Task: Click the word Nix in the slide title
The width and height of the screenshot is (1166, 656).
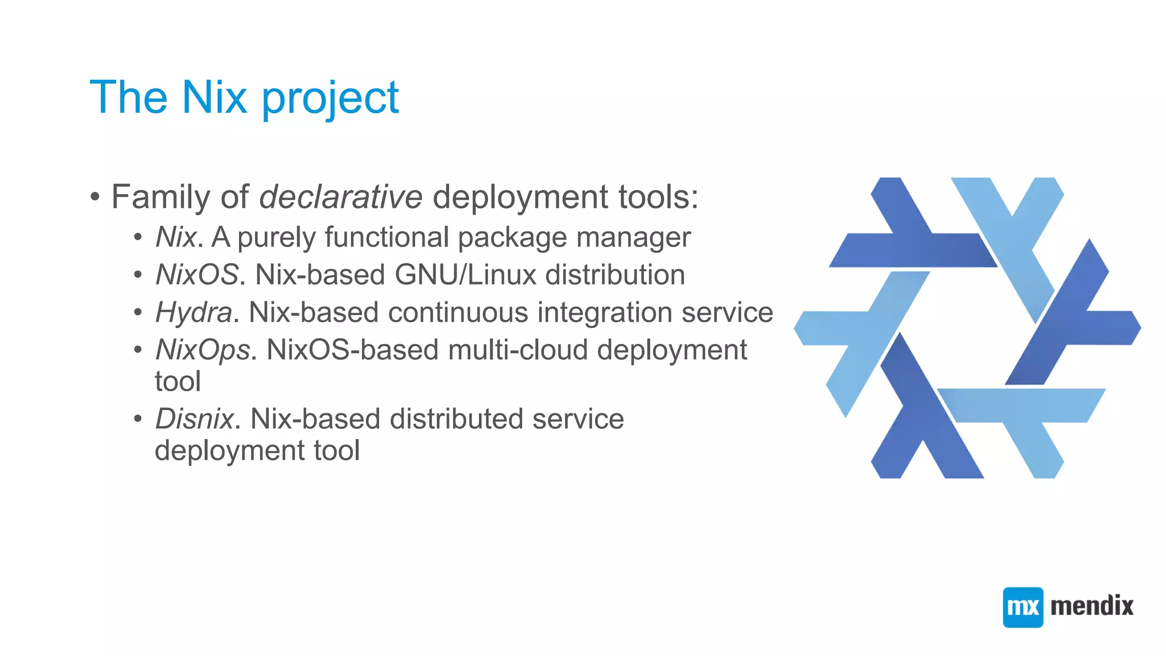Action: (x=215, y=97)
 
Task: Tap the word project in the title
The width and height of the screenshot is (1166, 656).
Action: (x=330, y=99)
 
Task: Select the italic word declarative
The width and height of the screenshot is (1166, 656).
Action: (x=340, y=197)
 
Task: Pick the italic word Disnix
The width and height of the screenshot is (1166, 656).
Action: (x=194, y=419)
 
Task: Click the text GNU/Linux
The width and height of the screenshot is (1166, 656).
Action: (x=465, y=275)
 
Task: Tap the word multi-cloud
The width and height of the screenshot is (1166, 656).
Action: (x=518, y=350)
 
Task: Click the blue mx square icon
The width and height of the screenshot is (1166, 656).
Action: (x=1023, y=607)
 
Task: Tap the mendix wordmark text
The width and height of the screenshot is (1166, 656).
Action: (x=1091, y=606)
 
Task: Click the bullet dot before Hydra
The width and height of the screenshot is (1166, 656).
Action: (x=138, y=313)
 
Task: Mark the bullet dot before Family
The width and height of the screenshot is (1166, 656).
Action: (x=95, y=198)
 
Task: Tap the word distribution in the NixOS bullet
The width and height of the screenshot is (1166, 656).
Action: (x=615, y=275)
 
